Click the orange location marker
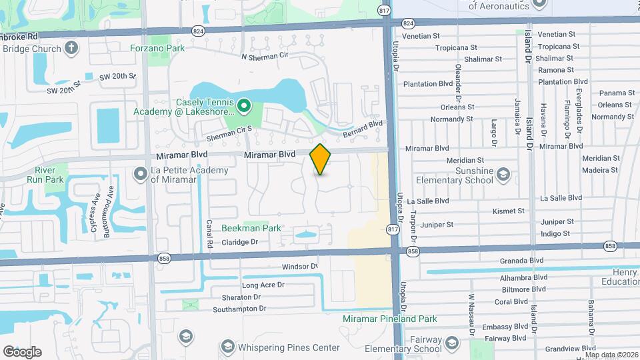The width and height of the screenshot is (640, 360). point(321,159)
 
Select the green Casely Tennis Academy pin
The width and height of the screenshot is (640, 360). point(244,105)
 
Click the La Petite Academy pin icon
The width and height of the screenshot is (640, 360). point(141,174)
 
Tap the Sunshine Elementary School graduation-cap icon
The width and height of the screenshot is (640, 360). point(503,175)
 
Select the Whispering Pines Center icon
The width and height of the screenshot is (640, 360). point(227,347)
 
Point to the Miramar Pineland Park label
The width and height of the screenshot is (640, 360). point(390,319)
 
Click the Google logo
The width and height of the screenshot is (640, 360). point(22,352)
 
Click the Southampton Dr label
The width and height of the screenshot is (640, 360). point(239,309)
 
